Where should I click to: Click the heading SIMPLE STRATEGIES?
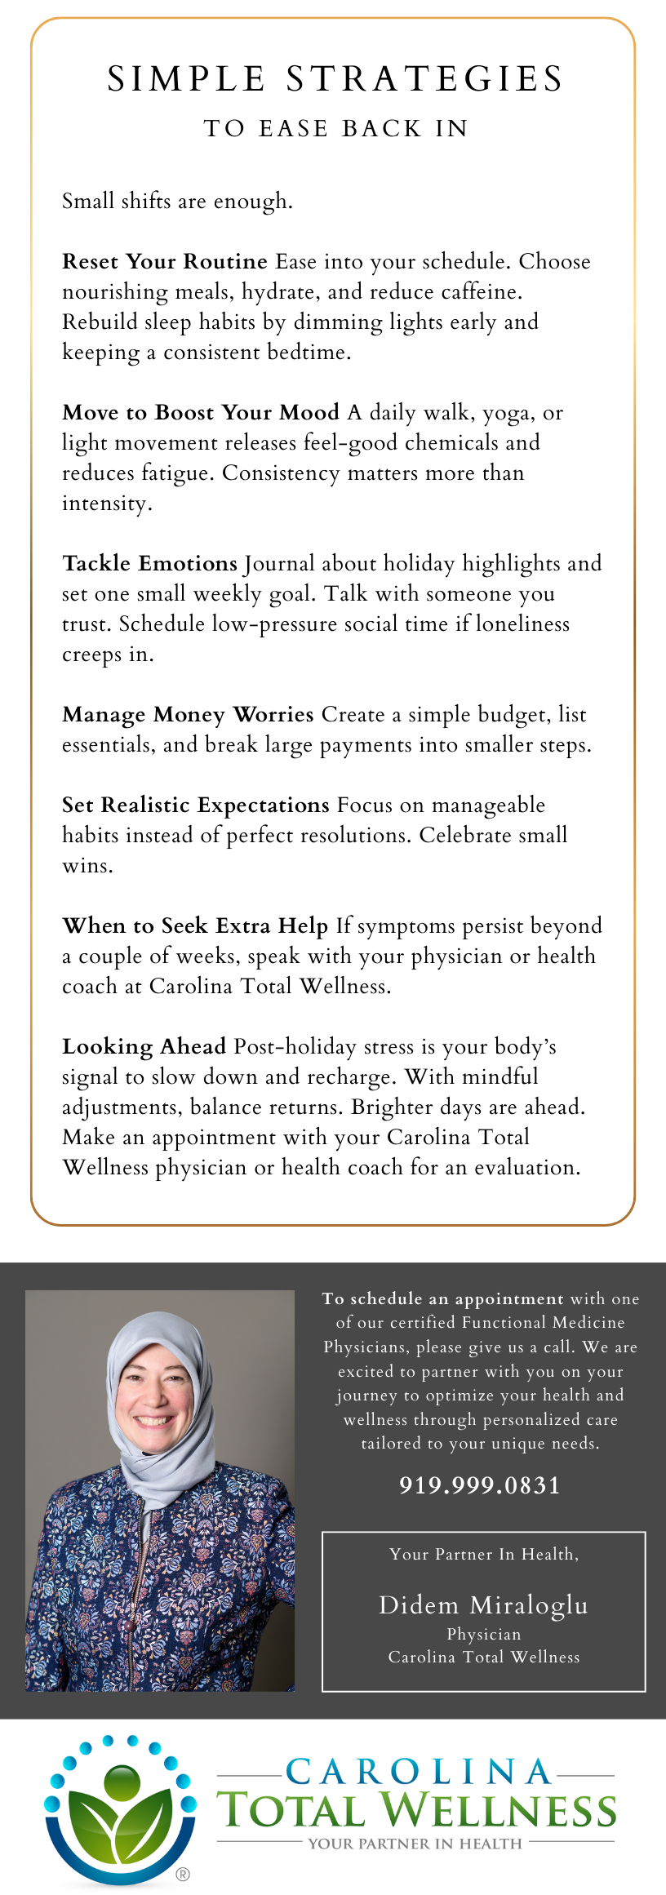point(335,79)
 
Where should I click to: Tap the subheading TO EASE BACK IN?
point(335,129)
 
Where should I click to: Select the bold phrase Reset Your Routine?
point(165,262)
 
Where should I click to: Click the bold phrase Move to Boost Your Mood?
point(201,413)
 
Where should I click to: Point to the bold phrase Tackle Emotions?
point(149,564)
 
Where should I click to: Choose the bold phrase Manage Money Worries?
point(188,715)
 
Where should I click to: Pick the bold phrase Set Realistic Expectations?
point(196,805)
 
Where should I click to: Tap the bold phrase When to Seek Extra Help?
point(195,926)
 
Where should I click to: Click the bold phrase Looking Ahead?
point(144,1047)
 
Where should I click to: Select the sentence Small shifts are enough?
point(177,202)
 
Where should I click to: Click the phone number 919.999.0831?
point(480,1484)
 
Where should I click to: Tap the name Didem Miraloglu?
point(483,1604)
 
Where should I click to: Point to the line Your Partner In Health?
point(484,1554)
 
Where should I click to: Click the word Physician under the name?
point(483,1634)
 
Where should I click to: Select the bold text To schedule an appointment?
point(442,1298)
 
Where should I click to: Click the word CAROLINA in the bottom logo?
point(419,1772)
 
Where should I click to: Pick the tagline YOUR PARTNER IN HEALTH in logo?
point(415,1843)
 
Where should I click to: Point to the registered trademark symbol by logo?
point(183,1874)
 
